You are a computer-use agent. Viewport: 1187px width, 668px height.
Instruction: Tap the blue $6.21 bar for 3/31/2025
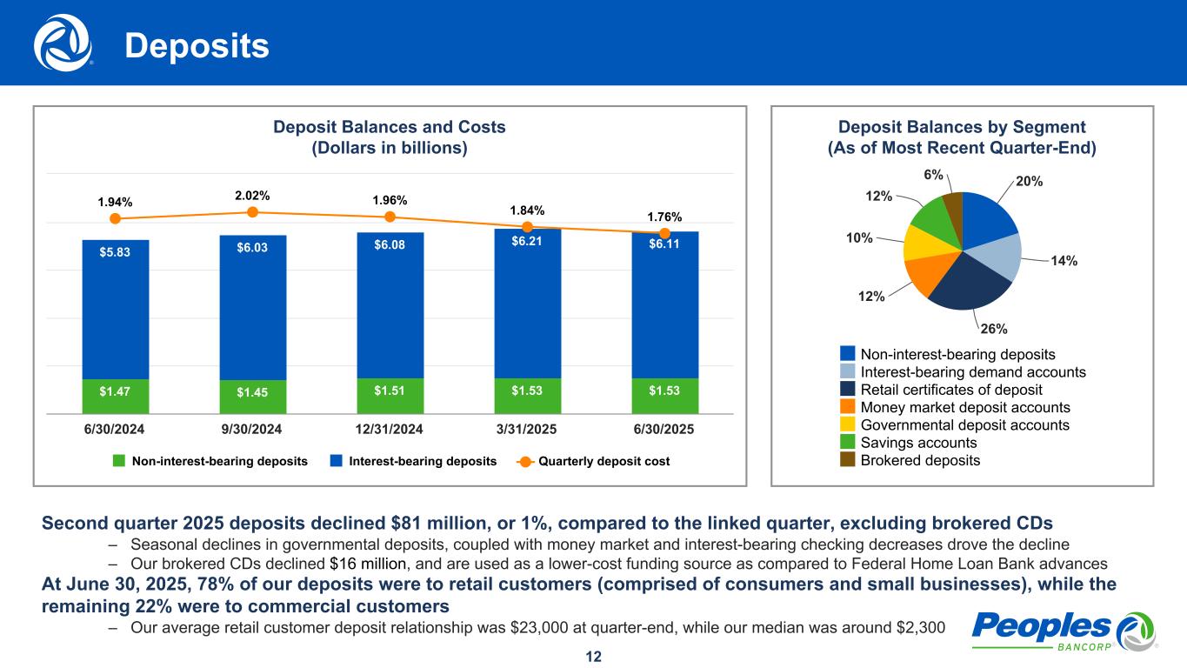(x=527, y=304)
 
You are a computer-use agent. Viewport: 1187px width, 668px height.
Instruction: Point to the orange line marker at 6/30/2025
(x=664, y=233)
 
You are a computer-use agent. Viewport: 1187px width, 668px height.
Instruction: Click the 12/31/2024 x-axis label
(x=390, y=430)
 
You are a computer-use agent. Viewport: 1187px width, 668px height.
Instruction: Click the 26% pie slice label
(x=994, y=329)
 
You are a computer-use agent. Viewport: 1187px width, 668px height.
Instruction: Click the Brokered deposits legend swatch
(x=848, y=460)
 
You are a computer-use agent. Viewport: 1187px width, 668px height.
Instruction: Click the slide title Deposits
(x=197, y=46)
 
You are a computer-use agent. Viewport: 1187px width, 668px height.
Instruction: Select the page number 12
(x=593, y=656)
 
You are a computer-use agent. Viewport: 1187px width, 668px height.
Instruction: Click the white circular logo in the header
(x=63, y=43)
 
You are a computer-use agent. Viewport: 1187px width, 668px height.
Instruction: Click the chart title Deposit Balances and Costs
(x=390, y=127)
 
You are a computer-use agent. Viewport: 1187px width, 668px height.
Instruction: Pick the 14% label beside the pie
(x=1064, y=260)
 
